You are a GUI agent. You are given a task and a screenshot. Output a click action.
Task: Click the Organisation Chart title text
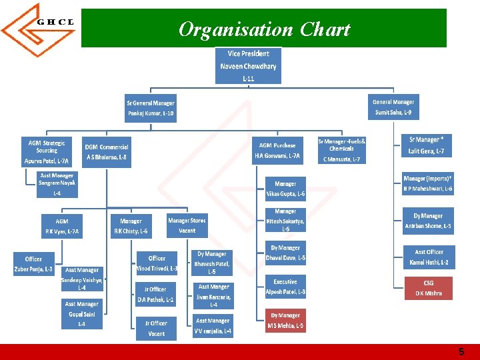coord(264,29)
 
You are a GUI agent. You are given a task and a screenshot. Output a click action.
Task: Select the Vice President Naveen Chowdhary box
coord(248,66)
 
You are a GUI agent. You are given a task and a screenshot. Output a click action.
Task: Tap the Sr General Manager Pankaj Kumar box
coord(151,108)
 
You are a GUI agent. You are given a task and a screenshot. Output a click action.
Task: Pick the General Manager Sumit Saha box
coord(393,107)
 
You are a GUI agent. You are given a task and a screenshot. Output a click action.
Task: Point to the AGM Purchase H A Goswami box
coord(277,151)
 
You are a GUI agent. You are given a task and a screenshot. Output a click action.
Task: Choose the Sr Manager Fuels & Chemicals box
coord(341,150)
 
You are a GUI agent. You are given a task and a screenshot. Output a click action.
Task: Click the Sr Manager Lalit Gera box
coord(426,145)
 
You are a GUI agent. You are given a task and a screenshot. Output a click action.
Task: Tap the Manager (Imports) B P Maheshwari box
coord(428,183)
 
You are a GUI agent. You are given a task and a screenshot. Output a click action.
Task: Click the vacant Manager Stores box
coord(187,225)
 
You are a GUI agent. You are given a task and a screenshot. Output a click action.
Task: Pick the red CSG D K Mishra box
coord(429,288)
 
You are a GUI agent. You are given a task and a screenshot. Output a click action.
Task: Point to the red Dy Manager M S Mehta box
coord(285,320)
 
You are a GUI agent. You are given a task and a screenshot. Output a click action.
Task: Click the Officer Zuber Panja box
coord(33,264)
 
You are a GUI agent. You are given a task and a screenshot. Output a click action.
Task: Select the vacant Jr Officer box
coord(156,328)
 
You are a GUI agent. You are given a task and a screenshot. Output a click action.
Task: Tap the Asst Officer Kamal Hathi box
coord(429,257)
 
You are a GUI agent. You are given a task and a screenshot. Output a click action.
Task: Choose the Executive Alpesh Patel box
coord(285,287)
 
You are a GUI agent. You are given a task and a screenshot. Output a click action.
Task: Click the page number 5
coord(461,352)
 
